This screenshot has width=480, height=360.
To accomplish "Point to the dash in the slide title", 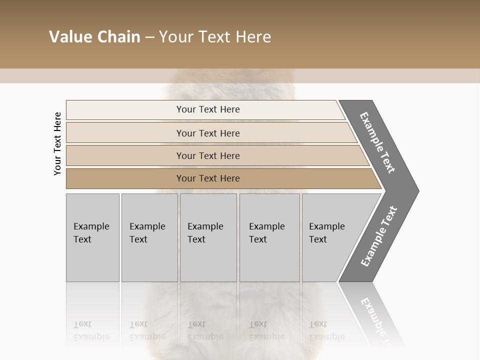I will tap(149, 37).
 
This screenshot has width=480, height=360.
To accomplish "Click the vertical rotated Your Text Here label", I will tap(57, 144).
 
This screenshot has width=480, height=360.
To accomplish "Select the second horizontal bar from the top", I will tap(208, 133).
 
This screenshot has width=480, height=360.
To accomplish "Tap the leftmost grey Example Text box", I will tap(92, 237).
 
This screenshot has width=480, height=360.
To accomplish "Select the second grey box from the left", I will tap(149, 237).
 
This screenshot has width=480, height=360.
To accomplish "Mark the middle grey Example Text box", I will tap(208, 237).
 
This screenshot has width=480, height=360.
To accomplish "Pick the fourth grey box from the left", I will tap(269, 237).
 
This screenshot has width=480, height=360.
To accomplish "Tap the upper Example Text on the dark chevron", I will tap(377, 142).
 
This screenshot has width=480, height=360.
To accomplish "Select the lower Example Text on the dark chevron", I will tap(379, 236).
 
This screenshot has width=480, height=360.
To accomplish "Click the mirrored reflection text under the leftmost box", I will tap(91, 330).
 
